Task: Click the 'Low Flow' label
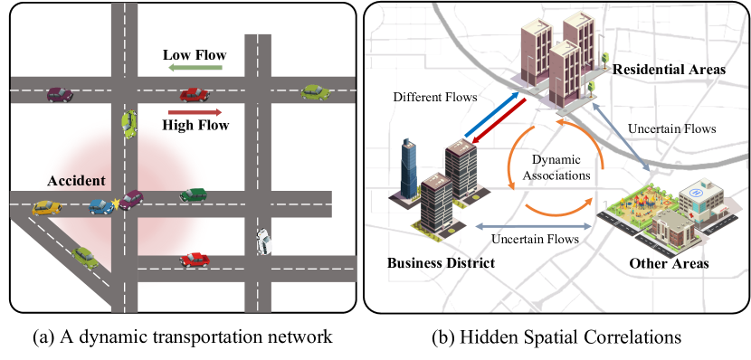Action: coord(194,55)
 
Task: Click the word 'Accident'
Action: coord(77,181)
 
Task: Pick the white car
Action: coord(263,241)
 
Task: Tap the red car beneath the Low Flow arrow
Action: coord(193,93)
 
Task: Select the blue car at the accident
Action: coord(102,206)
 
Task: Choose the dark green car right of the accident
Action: coord(194,194)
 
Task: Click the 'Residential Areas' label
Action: coord(669,70)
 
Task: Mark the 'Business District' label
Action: coord(441,263)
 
